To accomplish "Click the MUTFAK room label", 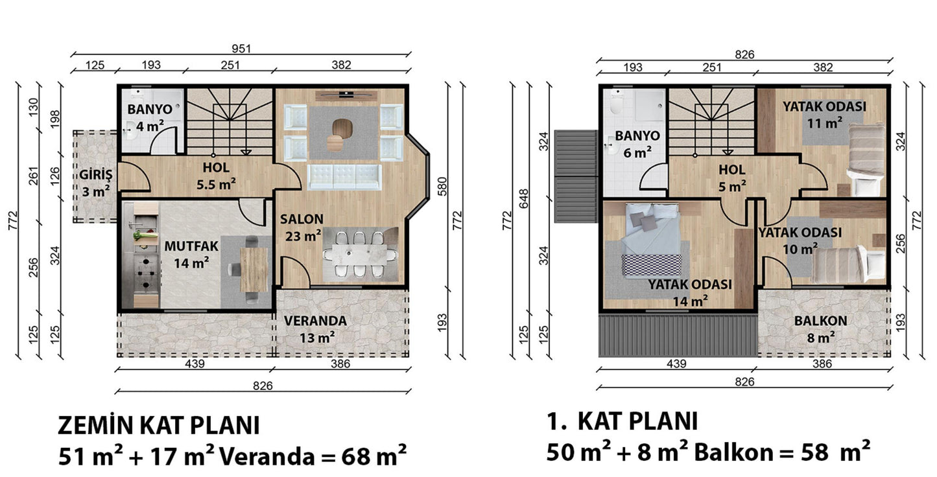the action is coord(191,246).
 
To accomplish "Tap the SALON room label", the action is coord(302,219).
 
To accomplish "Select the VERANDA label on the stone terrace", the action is coord(315,321).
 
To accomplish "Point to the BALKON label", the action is coord(821,321).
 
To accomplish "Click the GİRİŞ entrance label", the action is coord(96,174).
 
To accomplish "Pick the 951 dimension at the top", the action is coord(241,49).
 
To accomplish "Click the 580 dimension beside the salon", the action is coord(442,187).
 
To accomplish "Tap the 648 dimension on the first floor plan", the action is coord(524,199).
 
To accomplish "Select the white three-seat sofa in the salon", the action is coord(344,177).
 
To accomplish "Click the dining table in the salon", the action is coord(360,254).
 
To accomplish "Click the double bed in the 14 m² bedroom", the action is coord(651,240).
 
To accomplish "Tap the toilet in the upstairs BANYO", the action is coord(616,102).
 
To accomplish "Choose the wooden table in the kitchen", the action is coord(254,270).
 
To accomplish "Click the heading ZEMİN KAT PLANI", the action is coord(158,426).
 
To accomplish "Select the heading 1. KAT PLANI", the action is coord(622,421).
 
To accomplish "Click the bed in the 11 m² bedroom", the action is coord(867,159).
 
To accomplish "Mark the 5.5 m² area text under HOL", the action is coord(216,184).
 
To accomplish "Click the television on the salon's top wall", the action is coord(346,94).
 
